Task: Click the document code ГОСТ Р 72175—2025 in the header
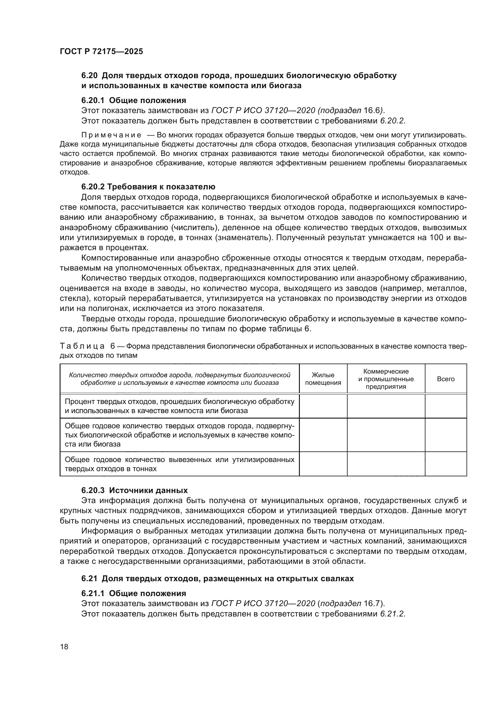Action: (x=101, y=52)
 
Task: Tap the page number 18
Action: (x=64, y=647)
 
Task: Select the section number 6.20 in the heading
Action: (x=89, y=75)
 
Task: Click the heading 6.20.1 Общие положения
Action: (x=134, y=100)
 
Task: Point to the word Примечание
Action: (x=111, y=135)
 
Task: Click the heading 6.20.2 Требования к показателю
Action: (x=148, y=187)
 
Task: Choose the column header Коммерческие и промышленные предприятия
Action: (x=386, y=379)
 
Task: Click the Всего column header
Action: (x=446, y=379)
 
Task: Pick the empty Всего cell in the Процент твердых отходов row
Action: (x=446, y=406)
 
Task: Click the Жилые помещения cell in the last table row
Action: (x=323, y=464)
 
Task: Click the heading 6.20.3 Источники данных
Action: (x=134, y=491)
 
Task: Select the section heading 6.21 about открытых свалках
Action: (x=217, y=578)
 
